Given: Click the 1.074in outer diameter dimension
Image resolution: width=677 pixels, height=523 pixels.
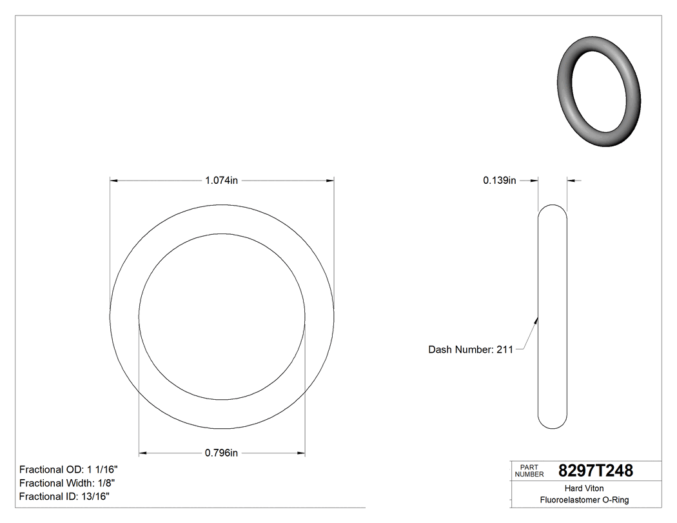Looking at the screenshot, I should coord(221,181).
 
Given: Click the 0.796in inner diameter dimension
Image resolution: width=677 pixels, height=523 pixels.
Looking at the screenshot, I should coord(221,453).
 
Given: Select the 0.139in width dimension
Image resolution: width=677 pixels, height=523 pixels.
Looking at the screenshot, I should coord(499,181).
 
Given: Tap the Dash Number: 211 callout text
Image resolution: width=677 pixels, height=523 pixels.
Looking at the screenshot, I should coord(471,350).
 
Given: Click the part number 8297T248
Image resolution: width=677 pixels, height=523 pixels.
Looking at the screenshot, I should coord(595,471).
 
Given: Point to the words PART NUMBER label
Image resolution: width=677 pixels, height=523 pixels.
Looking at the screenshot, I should coord(529,471).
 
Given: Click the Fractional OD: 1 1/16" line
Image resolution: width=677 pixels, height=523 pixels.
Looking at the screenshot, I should coord(68,469).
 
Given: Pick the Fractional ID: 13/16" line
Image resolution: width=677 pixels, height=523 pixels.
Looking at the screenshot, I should coord(64,497).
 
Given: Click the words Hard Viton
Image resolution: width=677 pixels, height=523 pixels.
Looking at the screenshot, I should coord(584,488).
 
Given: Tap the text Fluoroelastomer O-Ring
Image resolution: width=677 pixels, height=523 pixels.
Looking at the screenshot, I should coord(584,500).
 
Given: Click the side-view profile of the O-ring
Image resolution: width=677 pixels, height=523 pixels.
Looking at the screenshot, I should coord(553,316).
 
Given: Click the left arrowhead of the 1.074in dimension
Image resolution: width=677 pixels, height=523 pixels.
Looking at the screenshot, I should coord(114,181).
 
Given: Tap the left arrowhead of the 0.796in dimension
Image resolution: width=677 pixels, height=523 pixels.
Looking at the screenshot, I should coord(144,453).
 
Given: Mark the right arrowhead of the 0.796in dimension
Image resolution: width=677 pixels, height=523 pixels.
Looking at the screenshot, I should coord(300,453).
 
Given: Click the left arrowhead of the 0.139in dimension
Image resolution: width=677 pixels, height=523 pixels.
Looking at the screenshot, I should coord(534,181).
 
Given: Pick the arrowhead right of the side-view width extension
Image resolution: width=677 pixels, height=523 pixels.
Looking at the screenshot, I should coord(571,181).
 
